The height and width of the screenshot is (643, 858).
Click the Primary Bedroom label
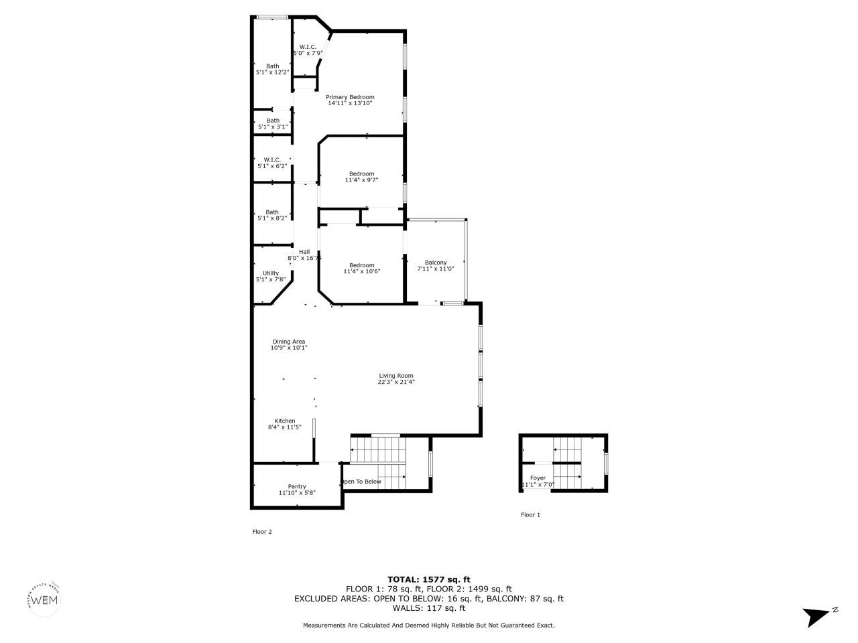click(350, 97)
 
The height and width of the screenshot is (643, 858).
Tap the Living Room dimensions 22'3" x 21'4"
click(395, 382)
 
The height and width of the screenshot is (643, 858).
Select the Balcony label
click(436, 263)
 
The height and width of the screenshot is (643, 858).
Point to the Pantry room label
click(297, 486)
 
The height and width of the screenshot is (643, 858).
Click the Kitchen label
click(285, 421)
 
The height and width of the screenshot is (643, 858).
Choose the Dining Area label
click(288, 342)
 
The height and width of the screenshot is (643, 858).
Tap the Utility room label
click(271, 273)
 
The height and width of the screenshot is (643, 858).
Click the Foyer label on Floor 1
click(538, 478)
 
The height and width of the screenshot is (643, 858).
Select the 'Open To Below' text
click(361, 482)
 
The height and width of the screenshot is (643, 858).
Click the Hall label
click(304, 252)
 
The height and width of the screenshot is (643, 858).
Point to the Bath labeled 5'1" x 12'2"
click(272, 66)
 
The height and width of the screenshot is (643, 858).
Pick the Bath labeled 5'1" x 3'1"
click(272, 121)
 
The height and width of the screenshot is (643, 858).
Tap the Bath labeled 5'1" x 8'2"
click(271, 212)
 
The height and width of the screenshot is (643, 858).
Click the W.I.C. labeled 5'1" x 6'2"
click(271, 159)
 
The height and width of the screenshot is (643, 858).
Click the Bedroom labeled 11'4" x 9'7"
click(361, 174)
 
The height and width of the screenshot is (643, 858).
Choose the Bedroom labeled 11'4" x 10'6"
click(361, 265)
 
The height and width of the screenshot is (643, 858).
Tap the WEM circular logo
click(46, 598)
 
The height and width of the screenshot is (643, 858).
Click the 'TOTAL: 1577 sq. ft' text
click(429, 579)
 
